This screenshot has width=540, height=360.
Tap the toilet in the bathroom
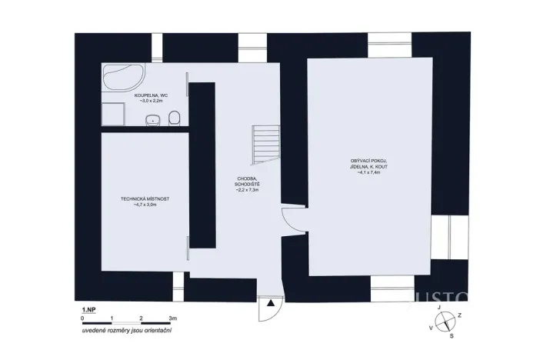[x=175, y=118]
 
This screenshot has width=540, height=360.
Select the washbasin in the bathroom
[x=154, y=119]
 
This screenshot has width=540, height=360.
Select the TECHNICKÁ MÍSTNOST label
[x=145, y=198]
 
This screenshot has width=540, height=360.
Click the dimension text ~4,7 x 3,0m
[x=145, y=205]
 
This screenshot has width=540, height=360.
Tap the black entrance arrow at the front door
[x=271, y=304]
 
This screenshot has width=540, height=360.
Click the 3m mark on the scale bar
[x=173, y=317]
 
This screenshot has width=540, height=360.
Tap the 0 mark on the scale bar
[x=82, y=317]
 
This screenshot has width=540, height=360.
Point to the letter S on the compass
[x=451, y=336]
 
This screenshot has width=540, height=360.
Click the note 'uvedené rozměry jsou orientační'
[x=127, y=331]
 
